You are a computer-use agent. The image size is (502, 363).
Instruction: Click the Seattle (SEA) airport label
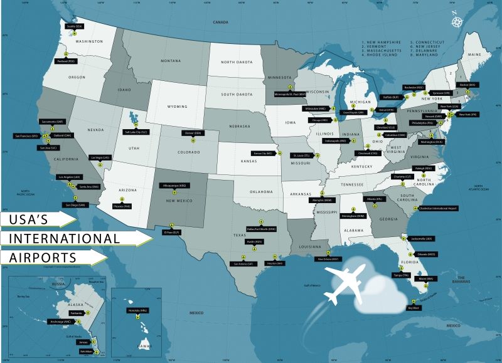pos(75,26)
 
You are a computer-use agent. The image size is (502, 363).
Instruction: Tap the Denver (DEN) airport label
pos(193,133)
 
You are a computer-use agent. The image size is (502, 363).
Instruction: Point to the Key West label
pos(413,307)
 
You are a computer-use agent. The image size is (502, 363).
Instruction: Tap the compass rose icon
pos(456,20)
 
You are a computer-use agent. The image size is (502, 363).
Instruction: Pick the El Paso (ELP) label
pos(172,232)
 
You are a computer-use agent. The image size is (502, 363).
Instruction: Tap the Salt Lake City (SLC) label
pos(136,132)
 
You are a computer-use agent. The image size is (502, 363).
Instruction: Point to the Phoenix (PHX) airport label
pos(122,205)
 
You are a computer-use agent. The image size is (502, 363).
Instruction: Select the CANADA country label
pos(222,22)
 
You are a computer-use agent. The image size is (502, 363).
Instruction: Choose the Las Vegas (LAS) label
pos(100,157)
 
